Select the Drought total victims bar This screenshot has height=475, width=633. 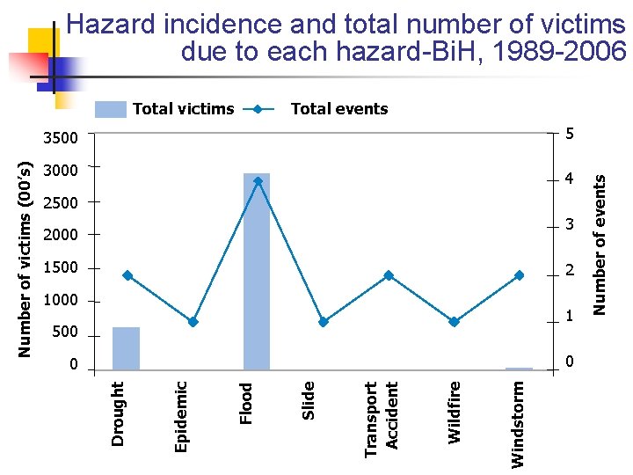[x=127, y=348]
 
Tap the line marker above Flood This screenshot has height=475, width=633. [x=258, y=181]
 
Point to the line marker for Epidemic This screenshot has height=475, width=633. [x=193, y=322]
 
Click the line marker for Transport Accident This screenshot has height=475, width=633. [x=389, y=275]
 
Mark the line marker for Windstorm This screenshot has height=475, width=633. [x=520, y=275]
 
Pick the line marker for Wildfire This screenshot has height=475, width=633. [x=454, y=322]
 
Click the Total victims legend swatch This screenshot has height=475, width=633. [x=111, y=109]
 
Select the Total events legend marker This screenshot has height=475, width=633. [x=257, y=109]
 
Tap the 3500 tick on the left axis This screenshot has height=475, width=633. [x=61, y=138]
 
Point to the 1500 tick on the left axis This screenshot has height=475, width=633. [x=61, y=267]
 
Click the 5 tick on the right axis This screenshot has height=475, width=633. [x=570, y=135]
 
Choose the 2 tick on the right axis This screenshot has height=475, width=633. [x=570, y=271]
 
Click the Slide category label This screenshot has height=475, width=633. [x=309, y=400]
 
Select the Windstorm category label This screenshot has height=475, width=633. [x=519, y=423]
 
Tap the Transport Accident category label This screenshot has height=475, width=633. [x=382, y=418]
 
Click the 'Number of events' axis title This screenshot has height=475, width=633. [x=600, y=244]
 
